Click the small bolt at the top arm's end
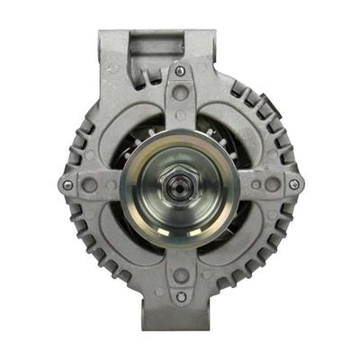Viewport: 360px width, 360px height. [x=181, y=71]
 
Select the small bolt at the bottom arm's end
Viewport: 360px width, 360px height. [x=181, y=297]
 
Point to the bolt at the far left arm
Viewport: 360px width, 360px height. [x=67, y=184]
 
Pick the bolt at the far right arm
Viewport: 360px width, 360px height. [x=293, y=184]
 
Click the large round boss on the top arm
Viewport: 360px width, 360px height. [x=181, y=93]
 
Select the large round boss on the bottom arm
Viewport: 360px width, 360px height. [x=181, y=276]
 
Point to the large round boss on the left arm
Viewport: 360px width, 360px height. [x=89, y=184]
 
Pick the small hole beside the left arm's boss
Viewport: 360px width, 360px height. [x=106, y=184]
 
